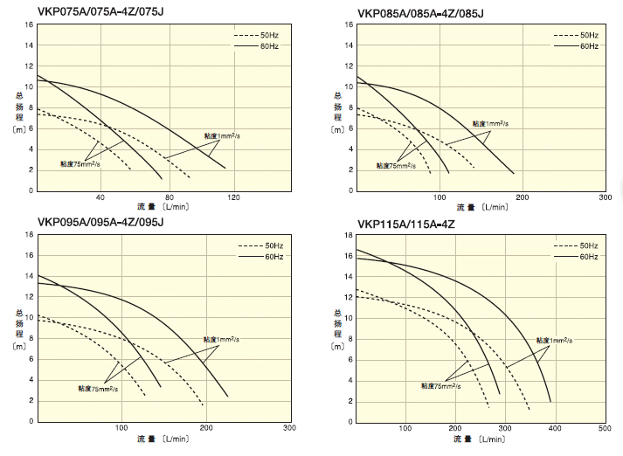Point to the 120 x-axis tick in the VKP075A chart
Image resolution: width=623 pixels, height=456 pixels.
coord(234,197)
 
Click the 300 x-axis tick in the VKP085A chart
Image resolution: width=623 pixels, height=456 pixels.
coord(605,197)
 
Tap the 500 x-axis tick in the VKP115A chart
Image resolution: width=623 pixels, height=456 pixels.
coord(605,428)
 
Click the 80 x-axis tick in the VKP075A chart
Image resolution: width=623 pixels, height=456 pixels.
coord(169,197)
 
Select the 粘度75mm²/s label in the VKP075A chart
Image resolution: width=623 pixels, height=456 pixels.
coord(80,164)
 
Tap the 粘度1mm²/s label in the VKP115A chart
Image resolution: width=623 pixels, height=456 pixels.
coord(554,340)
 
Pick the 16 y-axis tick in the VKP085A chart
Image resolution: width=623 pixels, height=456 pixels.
coord(349,24)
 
